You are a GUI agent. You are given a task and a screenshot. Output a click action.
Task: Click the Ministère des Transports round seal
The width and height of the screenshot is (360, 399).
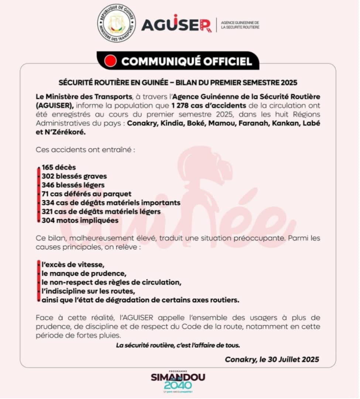point(116,23)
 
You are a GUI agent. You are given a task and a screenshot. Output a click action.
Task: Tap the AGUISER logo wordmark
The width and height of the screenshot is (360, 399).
point(176,24)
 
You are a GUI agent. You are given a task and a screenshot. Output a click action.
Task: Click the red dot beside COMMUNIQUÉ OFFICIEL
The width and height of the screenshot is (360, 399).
point(111,61)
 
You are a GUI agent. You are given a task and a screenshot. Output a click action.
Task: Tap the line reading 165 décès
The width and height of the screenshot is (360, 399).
point(59,167)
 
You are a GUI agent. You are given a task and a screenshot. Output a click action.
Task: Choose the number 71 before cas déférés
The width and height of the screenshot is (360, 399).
point(45,194)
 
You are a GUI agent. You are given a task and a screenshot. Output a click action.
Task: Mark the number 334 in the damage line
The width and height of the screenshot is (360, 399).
point(48,202)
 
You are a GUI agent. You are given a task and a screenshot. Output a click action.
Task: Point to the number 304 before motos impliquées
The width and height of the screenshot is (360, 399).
point(48,220)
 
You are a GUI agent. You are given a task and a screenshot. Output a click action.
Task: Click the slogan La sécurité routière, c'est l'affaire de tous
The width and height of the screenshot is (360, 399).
point(178,345)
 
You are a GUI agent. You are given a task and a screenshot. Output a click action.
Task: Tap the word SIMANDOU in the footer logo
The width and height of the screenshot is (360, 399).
point(178,377)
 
